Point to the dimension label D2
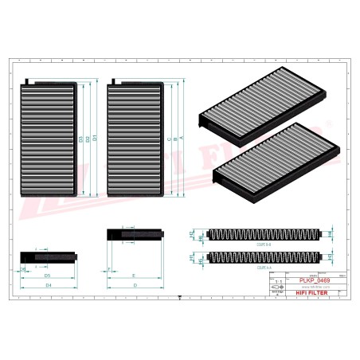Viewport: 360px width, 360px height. tap(88, 139)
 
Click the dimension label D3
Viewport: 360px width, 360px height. tap(82, 139)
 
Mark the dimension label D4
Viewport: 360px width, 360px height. tap(48, 284)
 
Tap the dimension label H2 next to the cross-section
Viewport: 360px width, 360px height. tap(192, 234)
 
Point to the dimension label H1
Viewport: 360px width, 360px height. tap(192, 257)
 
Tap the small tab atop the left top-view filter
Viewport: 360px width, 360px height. tap(29, 80)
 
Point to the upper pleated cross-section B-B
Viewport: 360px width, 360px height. tap(263, 234)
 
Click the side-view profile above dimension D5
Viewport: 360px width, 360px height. tap(48, 256)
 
